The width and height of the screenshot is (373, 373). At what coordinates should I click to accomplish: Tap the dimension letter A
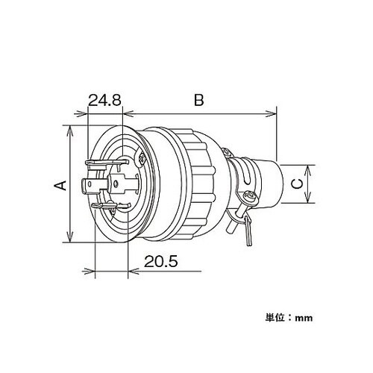[x=61, y=184]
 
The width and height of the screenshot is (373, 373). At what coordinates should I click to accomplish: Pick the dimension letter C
[x=296, y=183]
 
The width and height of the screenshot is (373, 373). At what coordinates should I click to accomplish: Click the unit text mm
[x=303, y=317]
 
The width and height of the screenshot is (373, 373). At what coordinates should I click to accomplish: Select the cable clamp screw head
[x=248, y=196]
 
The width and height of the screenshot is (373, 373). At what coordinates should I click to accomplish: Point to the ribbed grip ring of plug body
[x=197, y=183]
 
